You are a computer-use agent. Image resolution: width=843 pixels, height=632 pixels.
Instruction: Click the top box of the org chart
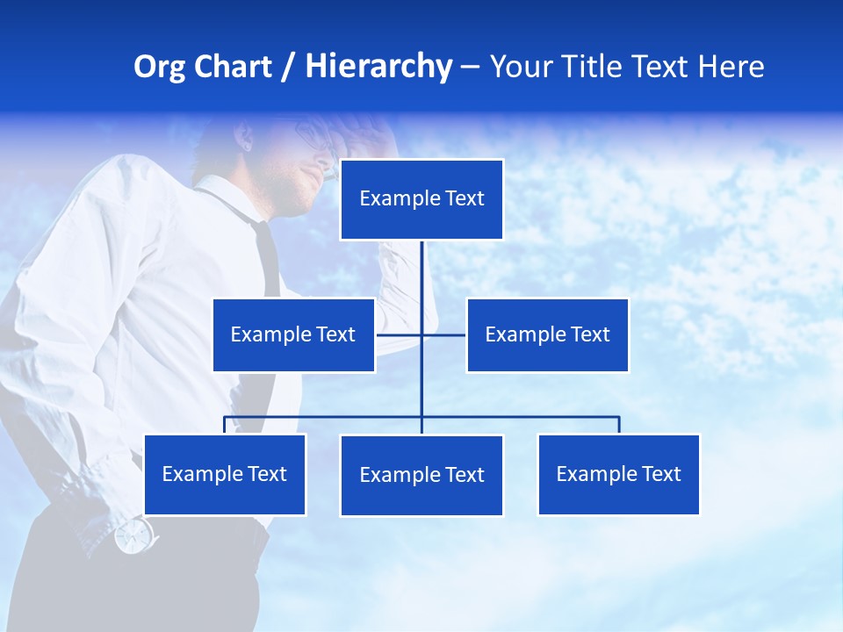pos(421,199)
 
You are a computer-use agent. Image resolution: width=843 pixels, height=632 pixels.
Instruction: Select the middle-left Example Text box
pos(293,334)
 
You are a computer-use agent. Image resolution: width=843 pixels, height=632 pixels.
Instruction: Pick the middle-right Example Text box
pos(547,334)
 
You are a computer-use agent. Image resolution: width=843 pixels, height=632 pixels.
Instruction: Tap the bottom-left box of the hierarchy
pos(224,474)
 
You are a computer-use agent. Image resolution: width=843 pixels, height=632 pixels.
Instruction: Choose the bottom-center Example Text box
pos(421,475)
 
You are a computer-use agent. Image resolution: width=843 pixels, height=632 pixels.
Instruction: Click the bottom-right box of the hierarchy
pos(618,474)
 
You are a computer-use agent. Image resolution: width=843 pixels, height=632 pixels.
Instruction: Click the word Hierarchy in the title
pos(378,67)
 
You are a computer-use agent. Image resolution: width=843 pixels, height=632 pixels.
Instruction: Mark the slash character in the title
pos(288,68)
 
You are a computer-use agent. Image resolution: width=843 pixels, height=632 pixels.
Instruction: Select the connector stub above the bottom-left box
pos(225,425)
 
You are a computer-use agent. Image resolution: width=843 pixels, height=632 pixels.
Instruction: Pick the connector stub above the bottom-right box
pos(619,425)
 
